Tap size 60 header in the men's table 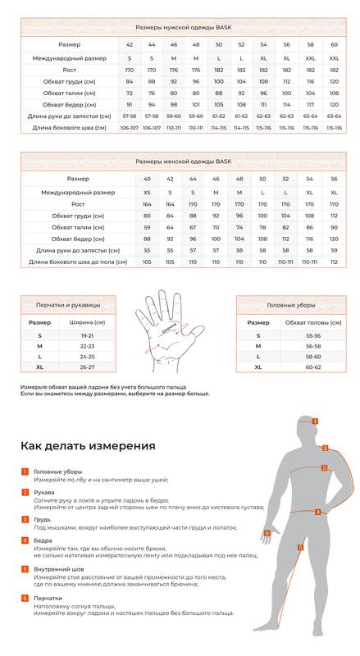pos(334,44)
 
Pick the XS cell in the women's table pos(147,192)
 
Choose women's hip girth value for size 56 pos(334,239)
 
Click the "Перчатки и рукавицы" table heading pos(69,305)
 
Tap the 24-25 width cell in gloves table pos(87,357)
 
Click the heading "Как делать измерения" pos(88,446)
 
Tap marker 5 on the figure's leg pos(300,547)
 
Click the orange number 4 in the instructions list pos(25,541)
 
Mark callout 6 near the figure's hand pos(267,532)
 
